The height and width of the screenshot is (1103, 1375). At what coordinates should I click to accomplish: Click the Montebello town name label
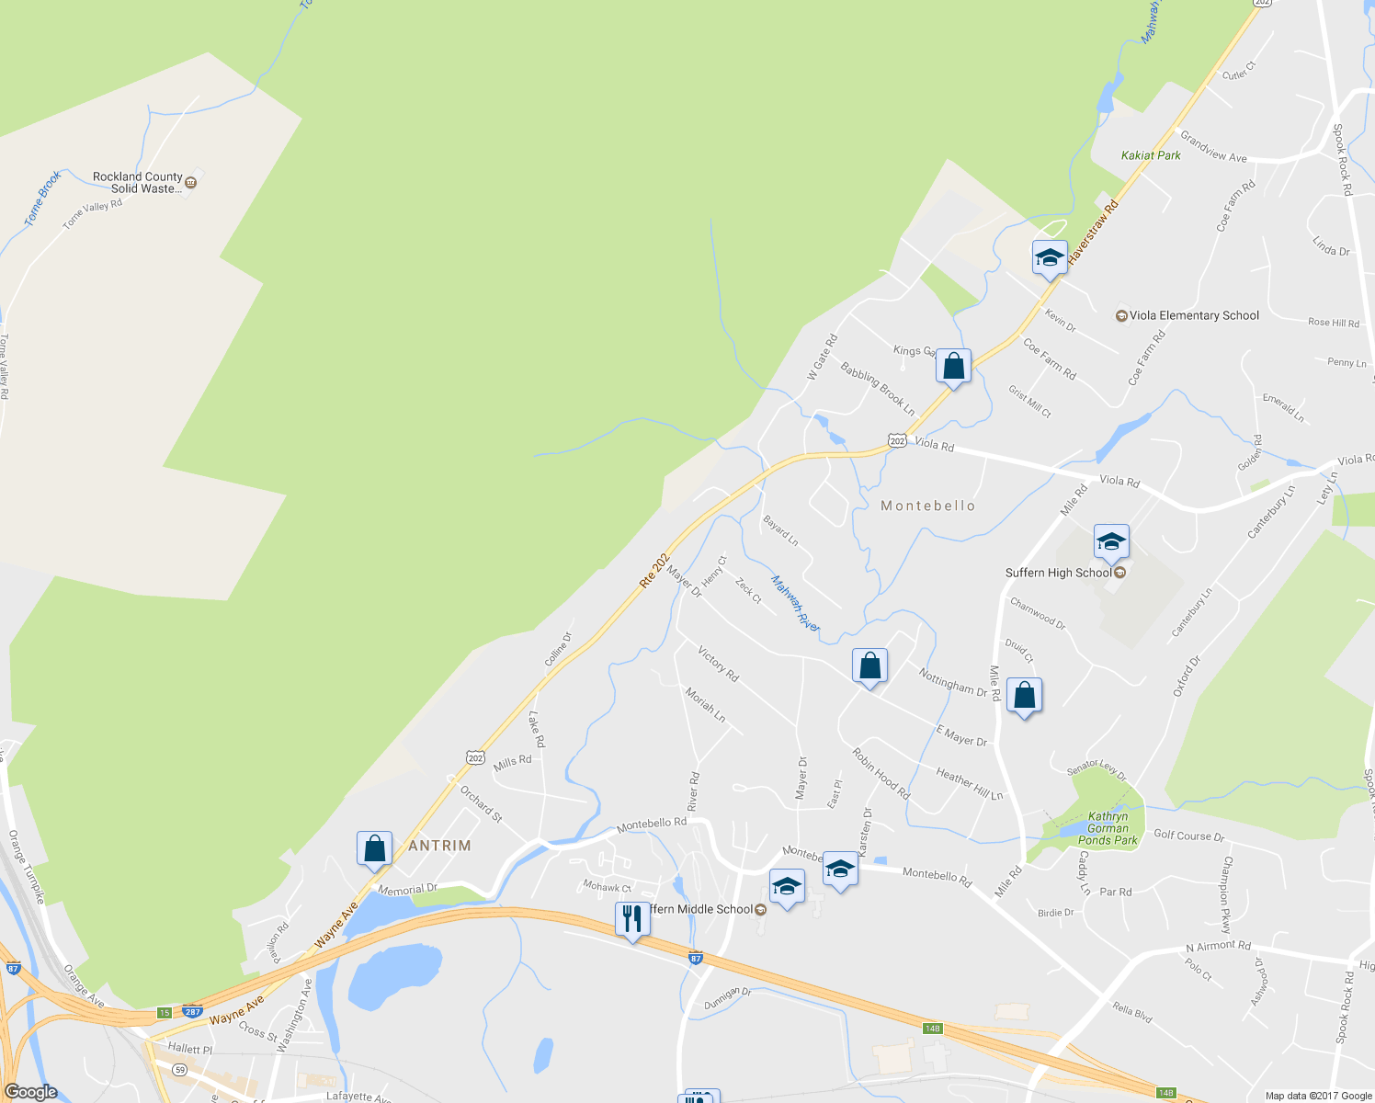pos(927,506)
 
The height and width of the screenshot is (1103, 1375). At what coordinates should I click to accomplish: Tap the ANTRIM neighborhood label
pos(439,845)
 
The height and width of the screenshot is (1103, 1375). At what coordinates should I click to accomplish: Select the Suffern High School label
pos(1058,573)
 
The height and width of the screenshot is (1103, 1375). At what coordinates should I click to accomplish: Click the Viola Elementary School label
pos(1193,315)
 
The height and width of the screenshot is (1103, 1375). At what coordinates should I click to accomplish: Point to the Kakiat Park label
pos(1151,155)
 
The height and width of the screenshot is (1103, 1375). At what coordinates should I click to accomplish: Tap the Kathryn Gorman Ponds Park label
pos(1108,828)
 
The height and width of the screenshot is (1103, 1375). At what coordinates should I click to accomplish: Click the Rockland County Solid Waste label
pos(138,182)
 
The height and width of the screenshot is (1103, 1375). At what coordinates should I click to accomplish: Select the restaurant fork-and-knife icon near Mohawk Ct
pos(631,918)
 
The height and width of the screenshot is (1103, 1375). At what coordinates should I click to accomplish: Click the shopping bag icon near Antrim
pos(374,848)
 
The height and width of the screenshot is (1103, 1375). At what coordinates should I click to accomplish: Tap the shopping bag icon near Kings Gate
pos(954,366)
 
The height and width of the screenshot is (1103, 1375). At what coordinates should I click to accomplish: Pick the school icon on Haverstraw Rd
pos(1049,257)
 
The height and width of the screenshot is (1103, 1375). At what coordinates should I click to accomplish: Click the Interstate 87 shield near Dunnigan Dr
pos(696,958)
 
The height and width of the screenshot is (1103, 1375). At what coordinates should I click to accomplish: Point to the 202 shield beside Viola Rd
pos(897,441)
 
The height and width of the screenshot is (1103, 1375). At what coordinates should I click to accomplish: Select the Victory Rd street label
pos(718,664)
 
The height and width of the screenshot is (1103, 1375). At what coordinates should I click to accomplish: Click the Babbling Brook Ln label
pos(878,388)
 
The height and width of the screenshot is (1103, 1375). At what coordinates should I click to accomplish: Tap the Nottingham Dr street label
pos(952,681)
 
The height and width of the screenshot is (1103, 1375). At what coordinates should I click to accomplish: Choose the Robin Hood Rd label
pos(881,774)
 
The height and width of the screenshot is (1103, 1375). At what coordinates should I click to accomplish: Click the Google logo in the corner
pos(30,1092)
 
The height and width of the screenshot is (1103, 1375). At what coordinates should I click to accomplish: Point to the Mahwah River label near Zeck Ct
pos(795,603)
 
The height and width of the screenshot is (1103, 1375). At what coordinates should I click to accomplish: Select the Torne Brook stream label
pos(42,198)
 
